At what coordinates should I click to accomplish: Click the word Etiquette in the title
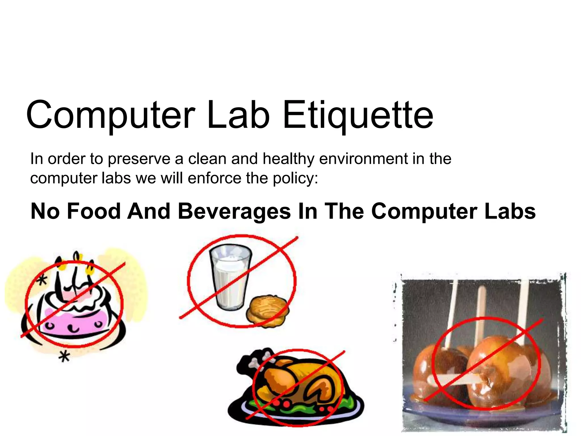(x=358, y=115)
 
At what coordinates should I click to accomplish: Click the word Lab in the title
(x=238, y=115)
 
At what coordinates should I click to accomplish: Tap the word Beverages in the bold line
(x=234, y=212)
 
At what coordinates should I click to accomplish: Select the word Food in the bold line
(x=94, y=211)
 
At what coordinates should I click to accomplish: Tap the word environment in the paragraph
(x=363, y=159)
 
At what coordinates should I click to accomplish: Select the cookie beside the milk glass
(x=268, y=311)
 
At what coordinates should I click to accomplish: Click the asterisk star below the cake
(x=64, y=356)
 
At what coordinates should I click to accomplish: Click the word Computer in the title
(x=110, y=115)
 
